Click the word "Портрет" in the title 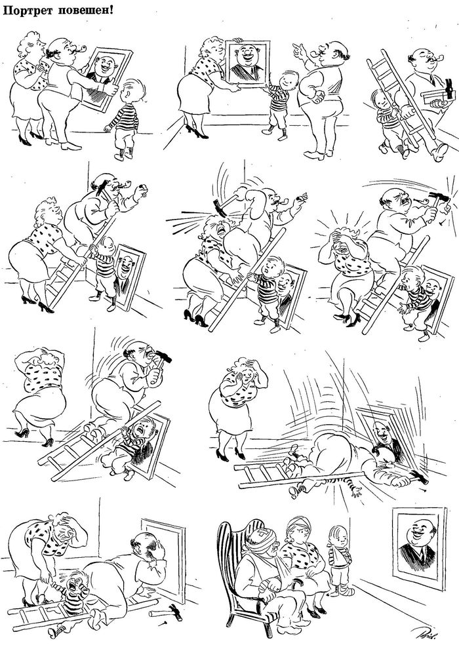[x=28, y=10]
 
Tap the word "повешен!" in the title [x=85, y=10]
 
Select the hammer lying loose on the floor [x=168, y=613]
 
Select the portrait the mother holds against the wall [x=247, y=62]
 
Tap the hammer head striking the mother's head [x=219, y=208]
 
